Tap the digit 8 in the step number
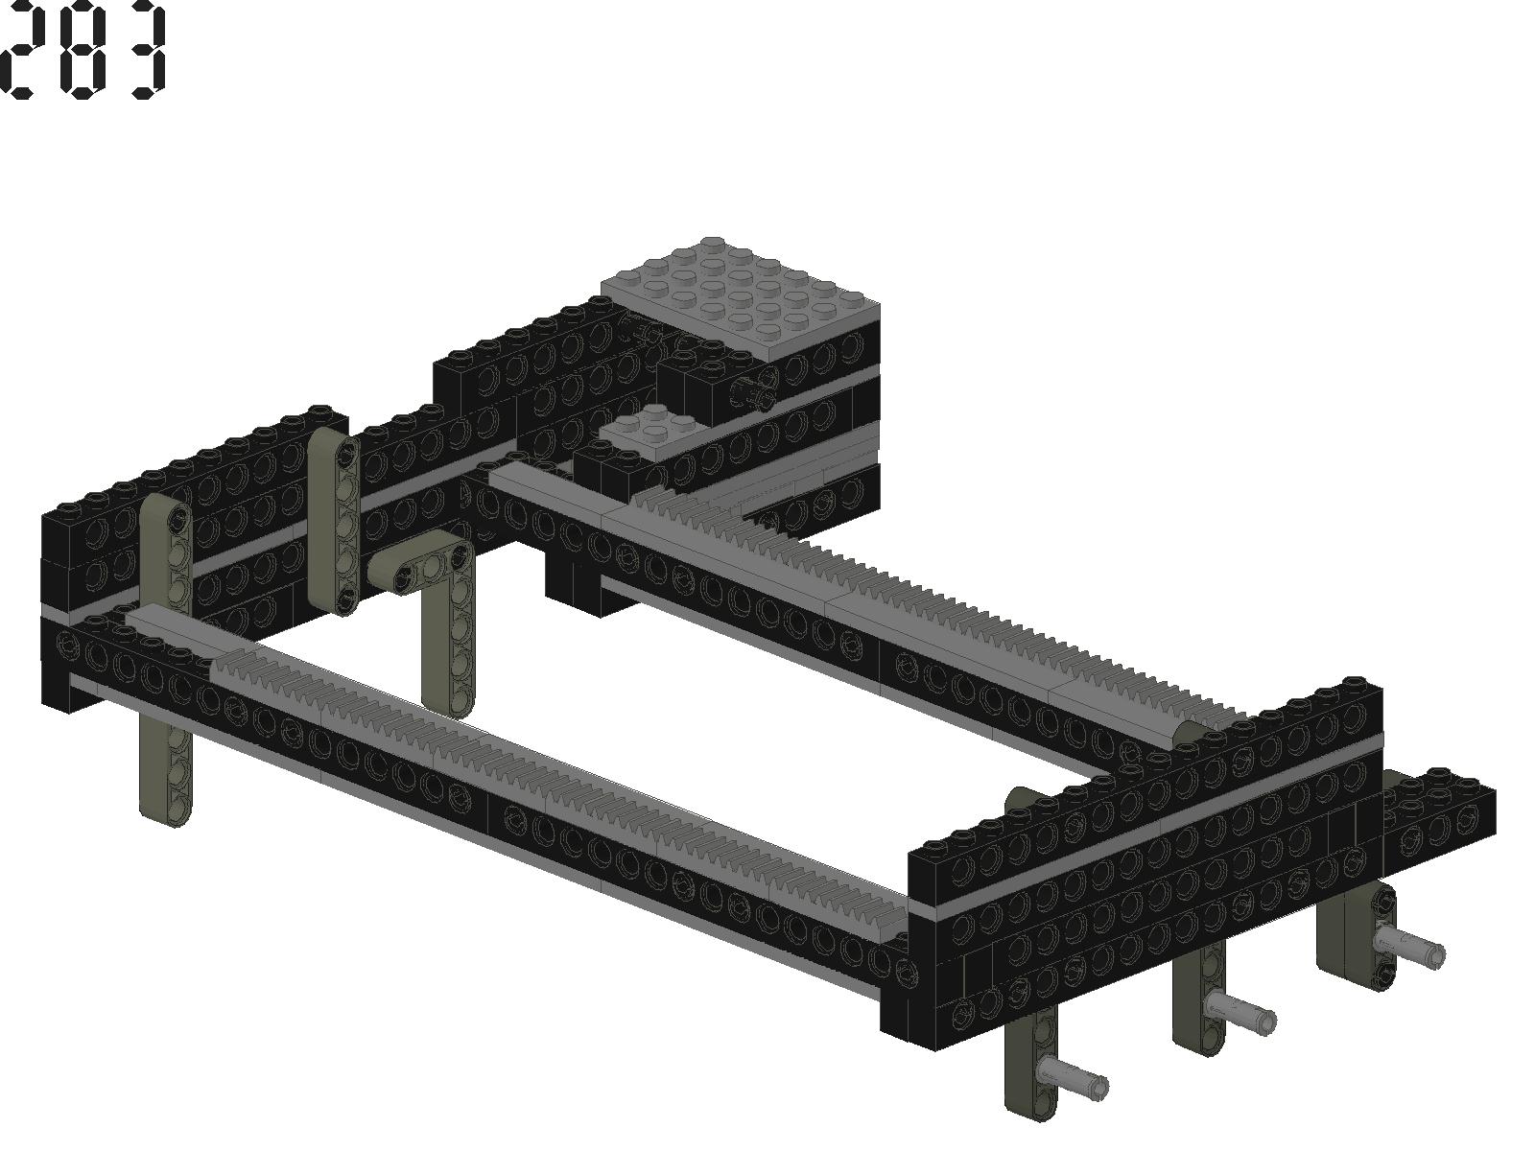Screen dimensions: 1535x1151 [x=83, y=49]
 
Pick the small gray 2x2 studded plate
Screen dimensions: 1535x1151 [x=651, y=431]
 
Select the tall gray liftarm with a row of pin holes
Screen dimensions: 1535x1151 [x=334, y=521]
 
